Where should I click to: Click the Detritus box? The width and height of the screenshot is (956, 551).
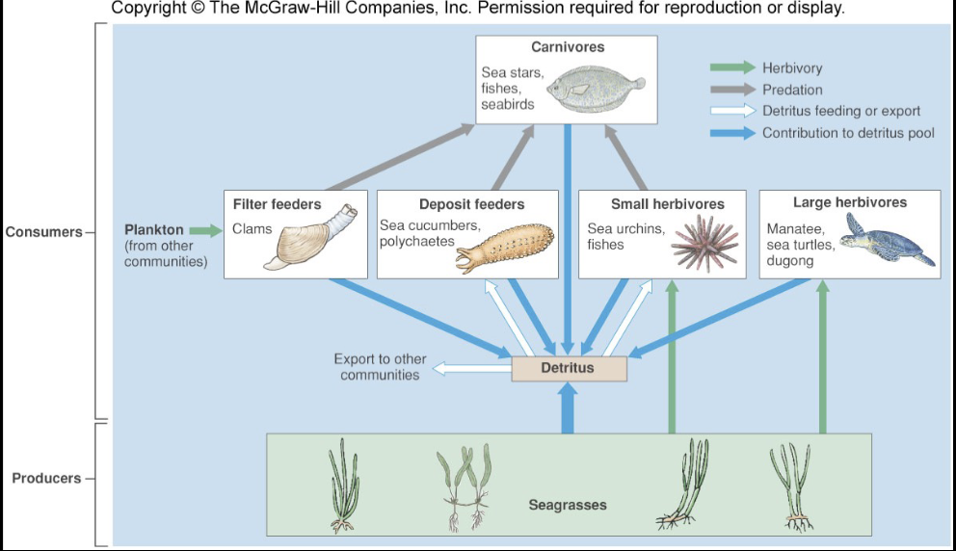(x=569, y=368)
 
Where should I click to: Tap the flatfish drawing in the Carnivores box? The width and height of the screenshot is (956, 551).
(x=591, y=89)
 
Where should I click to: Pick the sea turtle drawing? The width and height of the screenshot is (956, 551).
(x=885, y=241)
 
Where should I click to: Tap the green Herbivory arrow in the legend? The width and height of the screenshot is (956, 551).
(x=732, y=68)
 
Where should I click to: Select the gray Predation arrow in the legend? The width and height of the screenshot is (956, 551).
(x=732, y=90)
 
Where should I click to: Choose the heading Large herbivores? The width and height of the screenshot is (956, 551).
(x=849, y=202)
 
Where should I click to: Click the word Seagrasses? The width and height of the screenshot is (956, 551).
(x=568, y=505)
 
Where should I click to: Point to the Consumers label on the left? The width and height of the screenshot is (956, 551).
(x=42, y=232)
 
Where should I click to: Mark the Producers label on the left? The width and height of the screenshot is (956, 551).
(x=46, y=478)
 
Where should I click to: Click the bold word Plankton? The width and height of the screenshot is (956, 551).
(x=154, y=230)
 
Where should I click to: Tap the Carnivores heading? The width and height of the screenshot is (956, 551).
(x=568, y=47)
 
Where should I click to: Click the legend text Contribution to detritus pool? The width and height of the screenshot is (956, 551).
(x=848, y=133)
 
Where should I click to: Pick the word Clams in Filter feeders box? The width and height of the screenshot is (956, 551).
(x=252, y=229)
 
